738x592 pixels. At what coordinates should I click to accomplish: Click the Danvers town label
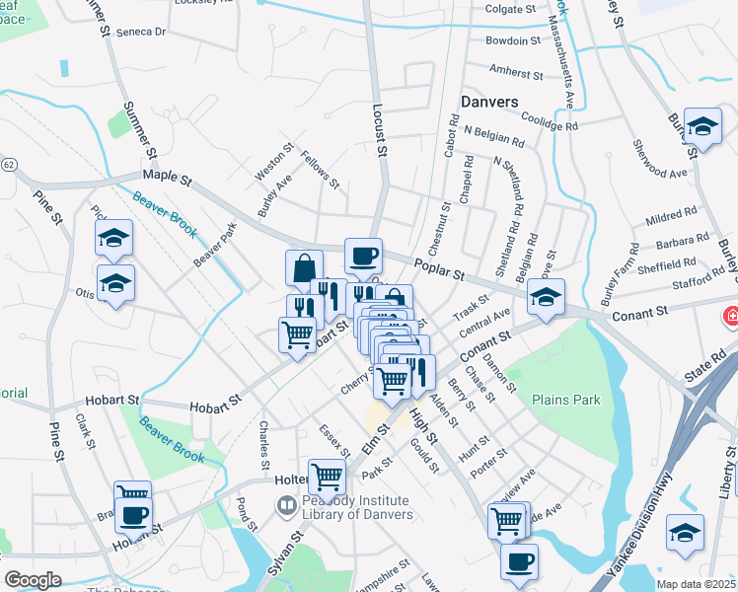(x=488, y=102)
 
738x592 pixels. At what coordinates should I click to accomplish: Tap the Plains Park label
(x=565, y=401)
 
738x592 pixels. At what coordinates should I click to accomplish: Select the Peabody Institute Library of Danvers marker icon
(x=286, y=506)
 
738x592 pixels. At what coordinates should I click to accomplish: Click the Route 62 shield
(x=8, y=163)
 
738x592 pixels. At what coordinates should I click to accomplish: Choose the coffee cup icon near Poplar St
(x=362, y=257)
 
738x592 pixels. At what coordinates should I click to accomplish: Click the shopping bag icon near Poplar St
(x=304, y=267)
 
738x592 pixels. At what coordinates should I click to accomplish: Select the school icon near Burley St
(x=701, y=127)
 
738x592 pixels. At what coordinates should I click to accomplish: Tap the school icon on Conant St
(x=545, y=296)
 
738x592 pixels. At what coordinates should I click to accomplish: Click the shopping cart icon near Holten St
(x=327, y=477)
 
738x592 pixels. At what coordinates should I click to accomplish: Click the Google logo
(x=33, y=580)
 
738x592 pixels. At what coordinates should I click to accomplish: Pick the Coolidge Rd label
(x=547, y=120)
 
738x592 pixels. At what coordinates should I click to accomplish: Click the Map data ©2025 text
(x=696, y=584)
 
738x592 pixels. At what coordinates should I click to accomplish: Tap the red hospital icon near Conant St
(x=731, y=317)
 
